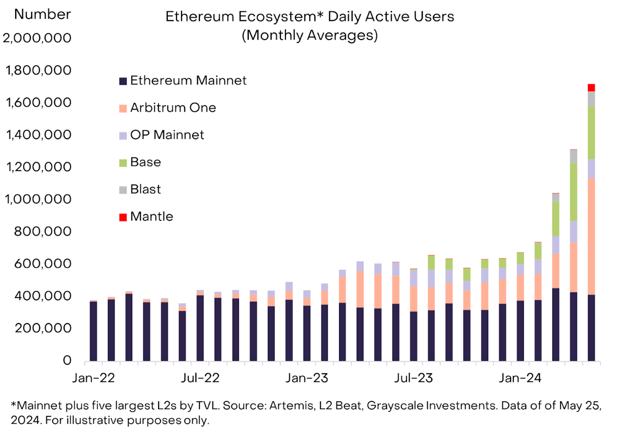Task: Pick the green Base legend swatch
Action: [123, 162]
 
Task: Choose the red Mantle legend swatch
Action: [123, 217]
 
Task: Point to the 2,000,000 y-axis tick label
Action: [37, 38]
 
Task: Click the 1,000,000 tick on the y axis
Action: [38, 199]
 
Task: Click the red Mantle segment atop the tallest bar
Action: [591, 87]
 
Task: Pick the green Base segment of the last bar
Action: [591, 133]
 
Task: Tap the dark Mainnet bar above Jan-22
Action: [93, 332]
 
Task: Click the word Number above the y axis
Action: [42, 15]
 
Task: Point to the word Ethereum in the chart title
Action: [194, 17]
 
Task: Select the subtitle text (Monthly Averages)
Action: [310, 36]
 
